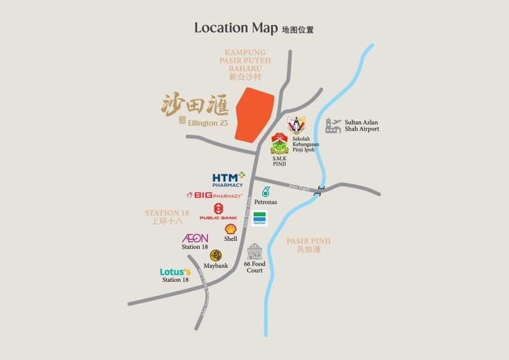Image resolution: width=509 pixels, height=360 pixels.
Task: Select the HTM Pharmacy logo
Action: pyautogui.click(x=228, y=179)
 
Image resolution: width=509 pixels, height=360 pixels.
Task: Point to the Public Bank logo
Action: pyautogui.click(x=218, y=211)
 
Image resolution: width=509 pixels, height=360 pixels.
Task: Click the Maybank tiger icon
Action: pyautogui.click(x=216, y=255)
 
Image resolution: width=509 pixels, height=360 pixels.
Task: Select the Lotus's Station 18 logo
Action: pyautogui.click(x=175, y=272)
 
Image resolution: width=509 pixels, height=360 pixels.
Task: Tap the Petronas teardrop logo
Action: pyautogui.click(x=265, y=191)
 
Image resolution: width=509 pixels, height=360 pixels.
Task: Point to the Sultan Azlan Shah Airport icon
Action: pyautogui.click(x=334, y=125)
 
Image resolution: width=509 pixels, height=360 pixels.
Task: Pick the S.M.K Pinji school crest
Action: pyautogui.click(x=279, y=145)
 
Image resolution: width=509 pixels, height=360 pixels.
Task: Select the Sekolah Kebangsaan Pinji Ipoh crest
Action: pyautogui.click(x=296, y=124)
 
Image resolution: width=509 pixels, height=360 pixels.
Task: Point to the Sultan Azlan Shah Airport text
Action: pyautogui.click(x=361, y=125)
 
